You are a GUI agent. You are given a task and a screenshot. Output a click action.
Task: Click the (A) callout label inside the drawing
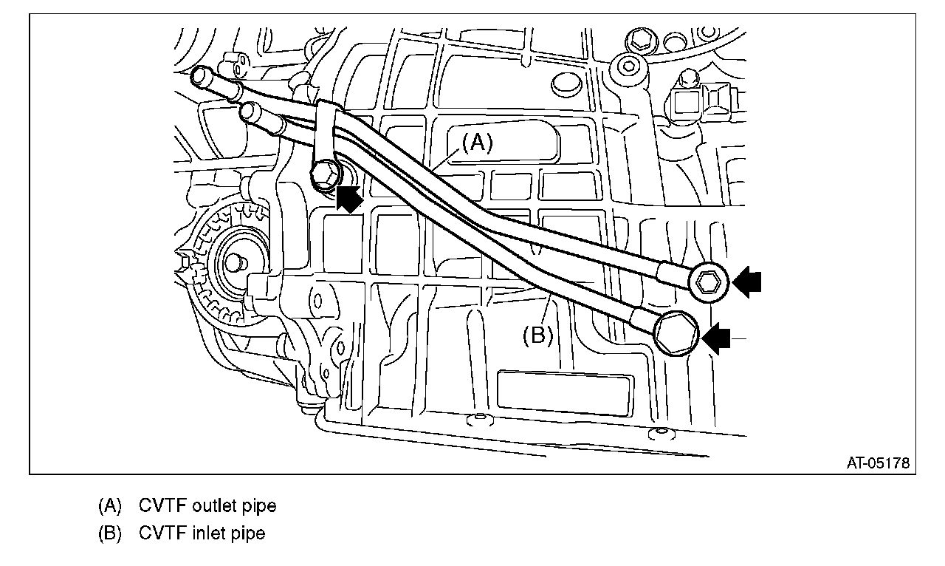(x=478, y=143)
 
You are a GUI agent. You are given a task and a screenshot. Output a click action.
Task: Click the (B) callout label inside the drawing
(x=538, y=335)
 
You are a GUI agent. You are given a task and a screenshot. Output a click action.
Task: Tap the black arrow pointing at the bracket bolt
(x=349, y=199)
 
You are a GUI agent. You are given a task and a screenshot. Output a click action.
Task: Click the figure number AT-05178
(x=878, y=463)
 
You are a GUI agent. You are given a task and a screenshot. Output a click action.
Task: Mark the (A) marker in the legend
(x=110, y=506)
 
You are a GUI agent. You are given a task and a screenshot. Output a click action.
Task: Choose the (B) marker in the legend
(x=110, y=533)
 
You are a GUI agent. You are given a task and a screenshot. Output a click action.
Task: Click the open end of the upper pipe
(x=200, y=75)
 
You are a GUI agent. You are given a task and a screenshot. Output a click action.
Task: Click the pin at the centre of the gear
(x=236, y=261)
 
